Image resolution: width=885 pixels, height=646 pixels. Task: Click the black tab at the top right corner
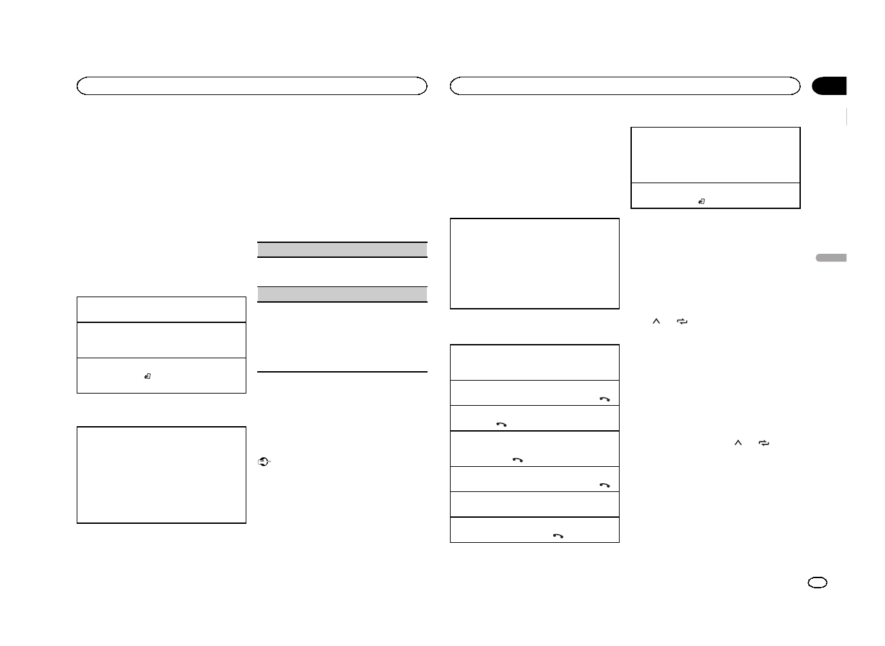point(829,86)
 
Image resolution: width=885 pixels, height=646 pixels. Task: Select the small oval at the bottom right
point(818,583)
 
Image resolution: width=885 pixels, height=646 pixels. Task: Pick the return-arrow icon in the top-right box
point(702,202)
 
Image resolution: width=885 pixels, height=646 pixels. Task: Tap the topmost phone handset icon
point(604,400)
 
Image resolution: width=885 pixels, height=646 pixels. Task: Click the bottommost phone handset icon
point(559,535)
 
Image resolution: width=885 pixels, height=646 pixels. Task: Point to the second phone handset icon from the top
point(502,424)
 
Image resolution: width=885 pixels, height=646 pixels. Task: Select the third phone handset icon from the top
point(518,459)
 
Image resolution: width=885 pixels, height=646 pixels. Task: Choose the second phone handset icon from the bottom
point(604,486)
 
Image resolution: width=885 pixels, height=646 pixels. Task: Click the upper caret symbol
point(656,321)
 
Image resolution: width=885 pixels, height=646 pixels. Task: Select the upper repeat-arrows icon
point(682,322)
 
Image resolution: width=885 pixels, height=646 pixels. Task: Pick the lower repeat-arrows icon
point(764,443)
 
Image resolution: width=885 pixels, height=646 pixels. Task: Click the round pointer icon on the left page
point(264,461)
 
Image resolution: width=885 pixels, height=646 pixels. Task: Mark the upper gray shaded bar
point(343,250)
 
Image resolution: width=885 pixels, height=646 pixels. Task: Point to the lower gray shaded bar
point(343,294)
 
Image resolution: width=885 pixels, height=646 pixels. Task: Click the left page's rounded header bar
point(252,85)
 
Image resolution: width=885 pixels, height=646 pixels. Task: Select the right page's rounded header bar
point(625,85)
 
